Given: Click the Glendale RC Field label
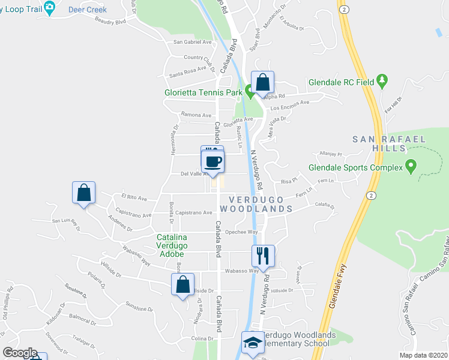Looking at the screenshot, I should click(340, 82).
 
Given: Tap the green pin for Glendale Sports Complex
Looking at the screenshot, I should click(411, 164).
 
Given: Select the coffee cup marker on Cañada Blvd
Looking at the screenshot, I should click(214, 161).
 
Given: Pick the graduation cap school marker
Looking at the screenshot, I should click(253, 343).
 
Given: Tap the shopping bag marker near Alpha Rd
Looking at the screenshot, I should click(262, 82).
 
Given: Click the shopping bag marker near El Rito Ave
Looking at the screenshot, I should click(84, 193).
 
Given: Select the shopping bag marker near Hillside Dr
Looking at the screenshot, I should click(183, 285).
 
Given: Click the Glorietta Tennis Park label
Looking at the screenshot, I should click(203, 92).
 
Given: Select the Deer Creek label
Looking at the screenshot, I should click(87, 10).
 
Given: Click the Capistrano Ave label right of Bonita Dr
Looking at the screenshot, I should click(194, 213).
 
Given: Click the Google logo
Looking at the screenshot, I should click(20, 353).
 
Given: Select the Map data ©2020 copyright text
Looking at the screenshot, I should click(424, 355).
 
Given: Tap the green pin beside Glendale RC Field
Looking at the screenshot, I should click(382, 82).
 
